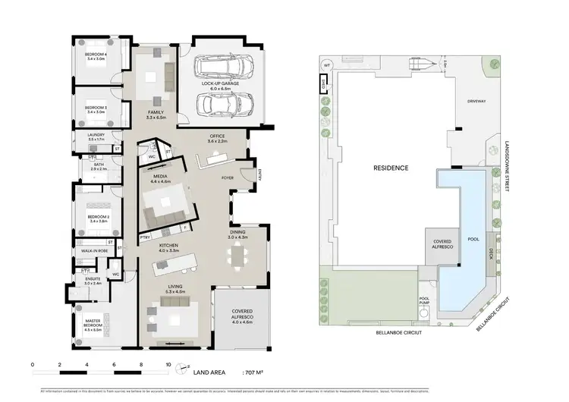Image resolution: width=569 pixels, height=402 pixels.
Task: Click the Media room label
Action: [159, 179]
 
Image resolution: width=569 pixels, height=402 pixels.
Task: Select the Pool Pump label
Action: [424, 300]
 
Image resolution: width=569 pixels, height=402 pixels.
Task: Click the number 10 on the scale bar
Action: [168, 364]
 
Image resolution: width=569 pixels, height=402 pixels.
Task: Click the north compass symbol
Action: [181, 370]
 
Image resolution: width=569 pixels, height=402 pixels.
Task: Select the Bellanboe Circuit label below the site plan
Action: [399, 332]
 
